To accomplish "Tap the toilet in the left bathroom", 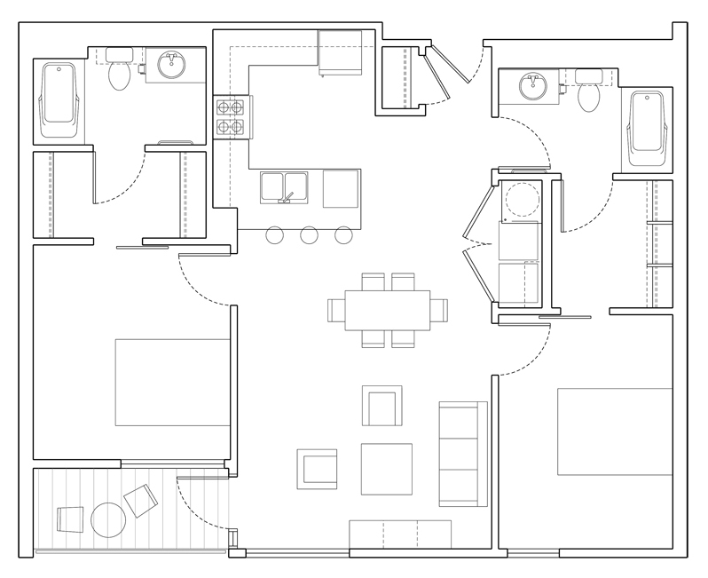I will (118, 76).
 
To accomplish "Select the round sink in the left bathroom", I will (169, 65).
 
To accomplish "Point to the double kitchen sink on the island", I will (284, 187).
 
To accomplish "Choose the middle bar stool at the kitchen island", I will (310, 235).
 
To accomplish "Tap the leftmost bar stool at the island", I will (275, 235).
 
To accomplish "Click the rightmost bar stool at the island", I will (344, 235).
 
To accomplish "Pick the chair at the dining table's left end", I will (336, 309).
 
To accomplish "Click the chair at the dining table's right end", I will (439, 309).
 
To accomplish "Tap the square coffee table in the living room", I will (386, 469).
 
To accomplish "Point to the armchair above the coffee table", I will (382, 406).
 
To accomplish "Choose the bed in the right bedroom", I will (614, 432).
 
